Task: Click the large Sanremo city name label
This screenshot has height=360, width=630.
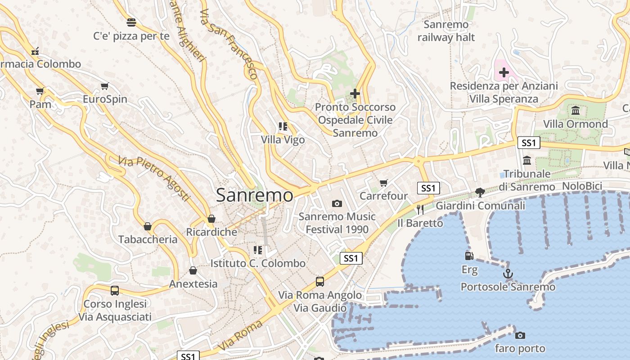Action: (x=254, y=195)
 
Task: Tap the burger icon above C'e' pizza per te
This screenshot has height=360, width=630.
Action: (x=131, y=22)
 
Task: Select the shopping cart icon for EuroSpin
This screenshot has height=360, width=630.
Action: (x=105, y=86)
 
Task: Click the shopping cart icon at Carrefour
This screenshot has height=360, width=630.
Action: (x=383, y=183)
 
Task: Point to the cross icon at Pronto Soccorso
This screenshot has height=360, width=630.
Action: (x=355, y=94)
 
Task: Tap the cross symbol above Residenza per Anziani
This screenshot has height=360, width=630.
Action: (x=504, y=72)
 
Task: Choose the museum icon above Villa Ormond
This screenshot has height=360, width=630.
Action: (x=575, y=110)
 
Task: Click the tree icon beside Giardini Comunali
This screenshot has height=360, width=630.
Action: (x=480, y=193)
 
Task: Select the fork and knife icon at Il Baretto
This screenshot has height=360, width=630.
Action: (x=420, y=209)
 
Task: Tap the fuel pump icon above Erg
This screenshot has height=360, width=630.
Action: (x=469, y=256)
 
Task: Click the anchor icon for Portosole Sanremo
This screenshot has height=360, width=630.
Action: (x=508, y=273)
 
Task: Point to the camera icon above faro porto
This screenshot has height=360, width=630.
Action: (x=520, y=335)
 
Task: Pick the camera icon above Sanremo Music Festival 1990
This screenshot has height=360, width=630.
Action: (x=337, y=203)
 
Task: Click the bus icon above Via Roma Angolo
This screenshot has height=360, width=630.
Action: (x=320, y=282)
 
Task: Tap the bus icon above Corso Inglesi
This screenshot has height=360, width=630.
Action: (x=115, y=291)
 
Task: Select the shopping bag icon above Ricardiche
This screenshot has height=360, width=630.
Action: (x=211, y=219)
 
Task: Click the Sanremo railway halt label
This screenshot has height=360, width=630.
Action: (x=446, y=31)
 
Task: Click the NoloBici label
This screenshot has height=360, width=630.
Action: (x=582, y=186)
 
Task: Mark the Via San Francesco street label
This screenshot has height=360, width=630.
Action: (x=228, y=44)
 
